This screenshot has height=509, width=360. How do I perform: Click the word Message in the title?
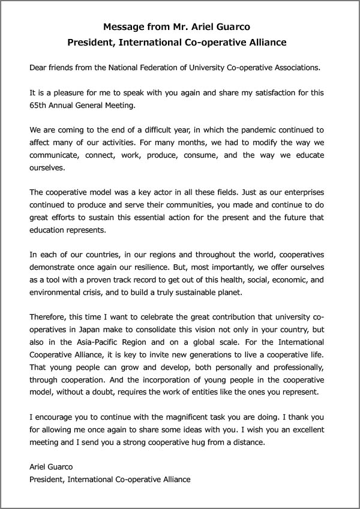[x=124, y=26]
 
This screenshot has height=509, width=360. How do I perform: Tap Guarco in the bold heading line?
[x=230, y=26]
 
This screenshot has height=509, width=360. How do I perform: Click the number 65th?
[x=38, y=106]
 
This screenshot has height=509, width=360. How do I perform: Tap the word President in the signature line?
[x=46, y=480]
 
